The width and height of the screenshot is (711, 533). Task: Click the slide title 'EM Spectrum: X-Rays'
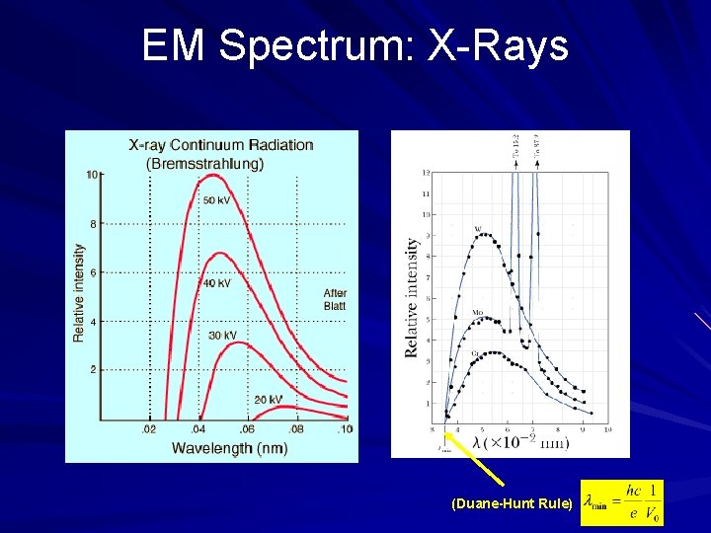(355, 45)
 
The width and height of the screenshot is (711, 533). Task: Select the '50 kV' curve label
(217, 200)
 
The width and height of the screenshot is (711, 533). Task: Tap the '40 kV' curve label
(217, 283)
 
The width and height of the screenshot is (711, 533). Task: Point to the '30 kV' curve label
(222, 336)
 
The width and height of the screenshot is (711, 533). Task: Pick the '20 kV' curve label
(269, 399)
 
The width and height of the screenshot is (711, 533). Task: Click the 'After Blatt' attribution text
(335, 299)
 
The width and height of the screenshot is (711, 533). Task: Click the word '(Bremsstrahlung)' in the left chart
(204, 164)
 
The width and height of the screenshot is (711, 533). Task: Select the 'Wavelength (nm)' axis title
(229, 448)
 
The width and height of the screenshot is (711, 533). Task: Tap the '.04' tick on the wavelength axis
(197, 429)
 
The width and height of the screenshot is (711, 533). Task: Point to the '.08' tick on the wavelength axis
(295, 429)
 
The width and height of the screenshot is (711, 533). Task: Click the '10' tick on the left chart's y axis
(91, 175)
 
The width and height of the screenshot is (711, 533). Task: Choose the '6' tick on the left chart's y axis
(93, 272)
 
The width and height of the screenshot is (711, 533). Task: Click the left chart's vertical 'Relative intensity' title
(79, 294)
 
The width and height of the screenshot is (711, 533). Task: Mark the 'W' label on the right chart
(478, 229)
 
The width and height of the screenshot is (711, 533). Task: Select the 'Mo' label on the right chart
(476, 313)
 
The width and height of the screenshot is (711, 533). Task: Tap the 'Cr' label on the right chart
(476, 352)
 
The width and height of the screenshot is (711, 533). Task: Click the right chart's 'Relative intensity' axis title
(412, 297)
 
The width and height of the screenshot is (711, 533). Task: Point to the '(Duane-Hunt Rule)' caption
(511, 504)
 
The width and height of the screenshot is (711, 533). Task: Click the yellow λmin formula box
(622, 502)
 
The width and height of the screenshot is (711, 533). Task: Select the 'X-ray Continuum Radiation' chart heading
(221, 145)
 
